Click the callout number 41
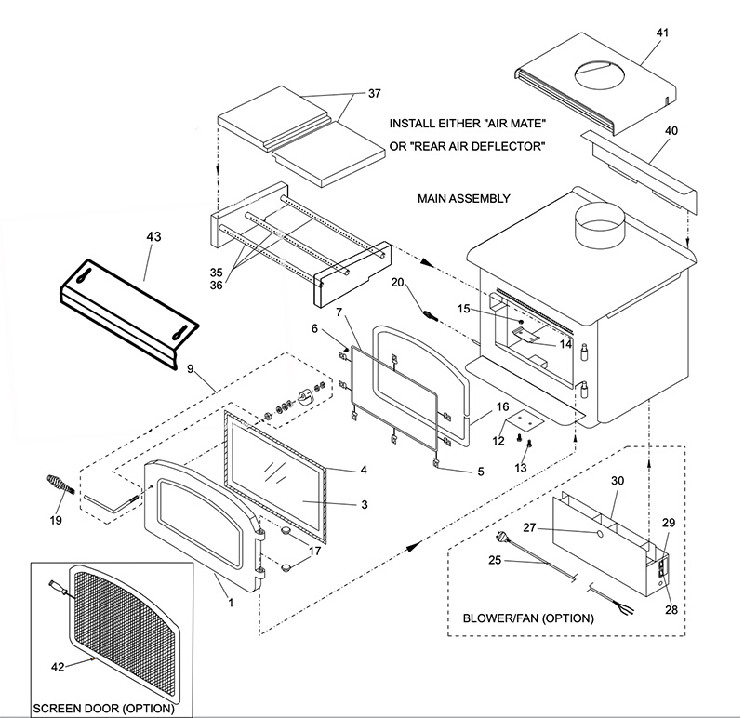[x=662, y=33]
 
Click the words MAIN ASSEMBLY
[x=464, y=198]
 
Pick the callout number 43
[x=153, y=237]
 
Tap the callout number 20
[x=397, y=281]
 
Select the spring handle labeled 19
[x=58, y=485]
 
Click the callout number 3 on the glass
[x=365, y=504]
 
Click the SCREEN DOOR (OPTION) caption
[x=103, y=709]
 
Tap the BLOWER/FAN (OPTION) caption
[x=528, y=618]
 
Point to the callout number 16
[x=502, y=406]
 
